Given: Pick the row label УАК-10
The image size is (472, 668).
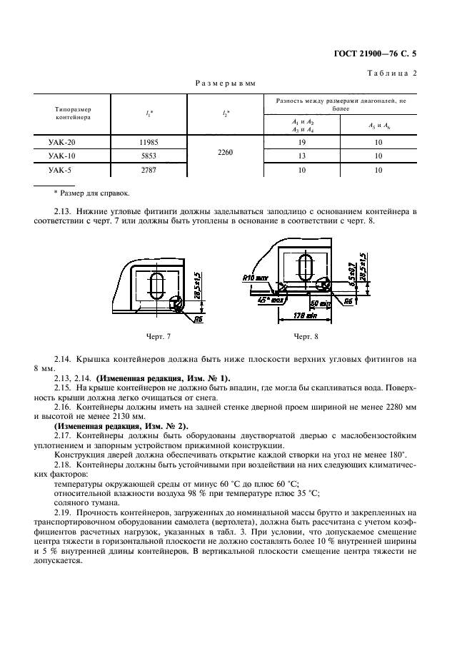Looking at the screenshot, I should (x=62, y=156).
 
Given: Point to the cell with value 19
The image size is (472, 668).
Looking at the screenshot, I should (x=303, y=143).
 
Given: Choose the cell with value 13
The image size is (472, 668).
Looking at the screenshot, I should (x=303, y=156).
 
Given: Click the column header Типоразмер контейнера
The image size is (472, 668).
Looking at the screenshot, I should (x=73, y=113).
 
